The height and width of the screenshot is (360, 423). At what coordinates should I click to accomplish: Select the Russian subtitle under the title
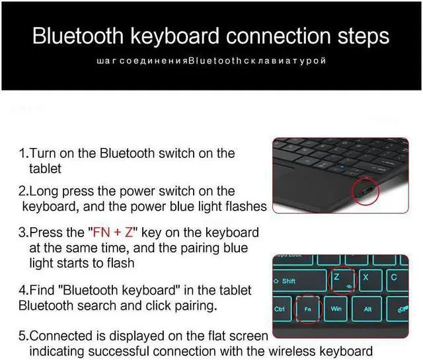point(211,61)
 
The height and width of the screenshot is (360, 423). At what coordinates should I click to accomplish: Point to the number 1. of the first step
point(23,153)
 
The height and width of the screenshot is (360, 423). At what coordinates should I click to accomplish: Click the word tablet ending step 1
point(45,168)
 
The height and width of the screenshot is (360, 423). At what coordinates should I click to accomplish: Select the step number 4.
point(23,291)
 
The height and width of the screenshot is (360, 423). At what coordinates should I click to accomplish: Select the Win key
point(336,308)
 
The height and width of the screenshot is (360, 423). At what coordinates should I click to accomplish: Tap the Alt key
point(368,308)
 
